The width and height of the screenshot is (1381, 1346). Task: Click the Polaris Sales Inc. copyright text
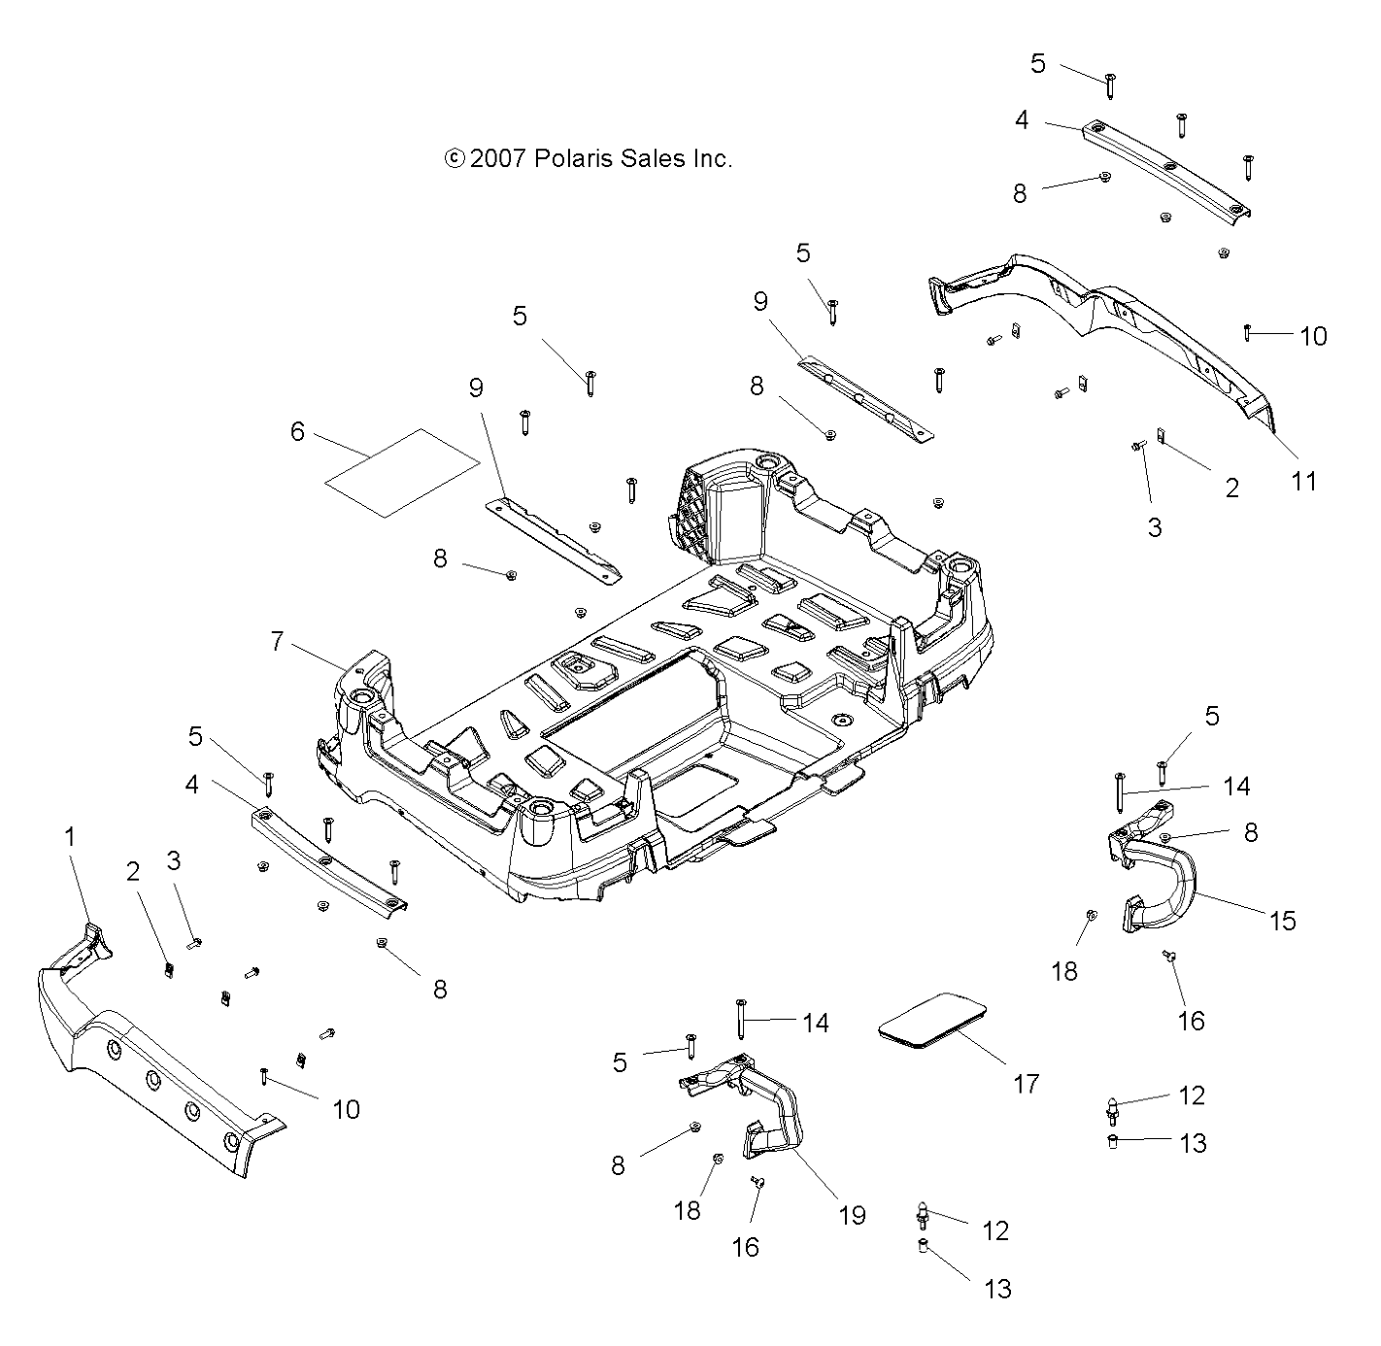[x=588, y=158]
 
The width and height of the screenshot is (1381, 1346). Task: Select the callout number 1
[x=69, y=836]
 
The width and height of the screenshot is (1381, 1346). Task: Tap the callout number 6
[x=297, y=431]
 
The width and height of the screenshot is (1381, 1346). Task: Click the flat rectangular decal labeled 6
[x=401, y=472]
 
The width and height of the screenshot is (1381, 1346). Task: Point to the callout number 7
[x=278, y=641]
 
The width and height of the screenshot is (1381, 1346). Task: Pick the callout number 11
[x=1303, y=480]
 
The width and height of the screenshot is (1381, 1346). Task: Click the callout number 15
[x=1283, y=920]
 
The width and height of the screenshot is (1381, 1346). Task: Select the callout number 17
[x=1026, y=1083]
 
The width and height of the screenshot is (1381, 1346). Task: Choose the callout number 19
[x=852, y=1215]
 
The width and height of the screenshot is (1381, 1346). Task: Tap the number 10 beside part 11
[x=1313, y=336]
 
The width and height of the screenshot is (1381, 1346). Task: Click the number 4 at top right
[x=1021, y=120]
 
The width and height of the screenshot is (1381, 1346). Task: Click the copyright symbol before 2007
[x=454, y=158]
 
